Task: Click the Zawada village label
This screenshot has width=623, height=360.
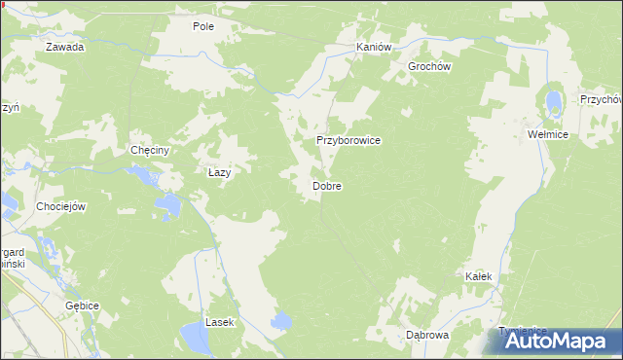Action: coord(65,47)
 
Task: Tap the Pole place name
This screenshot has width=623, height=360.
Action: coord(203,26)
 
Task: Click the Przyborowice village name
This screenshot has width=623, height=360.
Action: coord(348,140)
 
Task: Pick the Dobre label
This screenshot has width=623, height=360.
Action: coord(326,185)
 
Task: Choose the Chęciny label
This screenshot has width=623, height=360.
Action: coord(150,151)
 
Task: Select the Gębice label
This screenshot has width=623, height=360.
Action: coord(83,305)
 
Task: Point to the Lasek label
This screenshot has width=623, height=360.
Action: coord(219,321)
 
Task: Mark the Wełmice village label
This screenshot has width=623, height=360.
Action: coord(547,134)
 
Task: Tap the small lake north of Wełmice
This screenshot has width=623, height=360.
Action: coord(554,102)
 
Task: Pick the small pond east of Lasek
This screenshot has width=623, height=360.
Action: coord(282,321)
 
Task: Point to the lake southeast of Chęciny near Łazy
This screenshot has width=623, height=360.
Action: coord(169,205)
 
